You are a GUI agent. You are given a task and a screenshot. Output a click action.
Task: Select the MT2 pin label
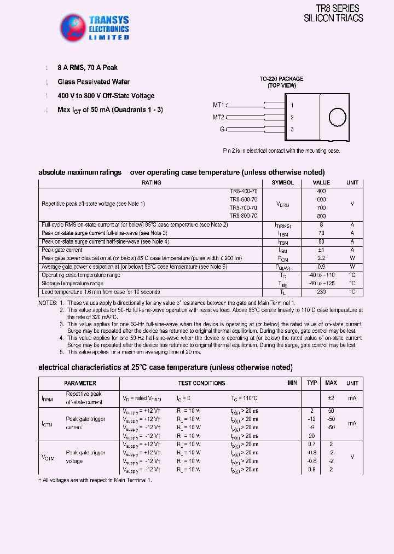[x=219, y=117]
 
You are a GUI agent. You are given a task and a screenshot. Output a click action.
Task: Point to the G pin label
[x=222, y=129]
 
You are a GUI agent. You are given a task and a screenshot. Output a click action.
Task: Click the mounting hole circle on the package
[x=337, y=117]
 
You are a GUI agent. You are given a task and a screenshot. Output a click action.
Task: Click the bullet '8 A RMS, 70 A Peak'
[x=88, y=68]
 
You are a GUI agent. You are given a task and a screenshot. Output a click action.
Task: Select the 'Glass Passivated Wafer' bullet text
[x=94, y=82]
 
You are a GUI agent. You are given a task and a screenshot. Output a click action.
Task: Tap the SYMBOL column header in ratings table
[x=282, y=183]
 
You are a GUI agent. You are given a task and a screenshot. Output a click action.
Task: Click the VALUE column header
[x=321, y=183]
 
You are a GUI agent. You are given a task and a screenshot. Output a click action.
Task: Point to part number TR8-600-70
[x=243, y=200]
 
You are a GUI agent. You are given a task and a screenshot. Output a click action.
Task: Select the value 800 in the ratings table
[x=321, y=216]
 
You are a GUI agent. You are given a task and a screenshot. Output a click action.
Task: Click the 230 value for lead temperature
[x=321, y=292]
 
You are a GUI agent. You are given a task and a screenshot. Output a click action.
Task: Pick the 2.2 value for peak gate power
[x=321, y=258]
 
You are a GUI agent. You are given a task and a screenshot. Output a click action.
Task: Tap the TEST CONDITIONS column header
[x=201, y=383]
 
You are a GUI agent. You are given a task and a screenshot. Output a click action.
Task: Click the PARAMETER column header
[x=80, y=383]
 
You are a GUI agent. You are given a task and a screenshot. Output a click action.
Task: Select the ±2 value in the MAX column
[x=331, y=398]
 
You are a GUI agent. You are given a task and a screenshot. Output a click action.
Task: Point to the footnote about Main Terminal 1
[x=95, y=480]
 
